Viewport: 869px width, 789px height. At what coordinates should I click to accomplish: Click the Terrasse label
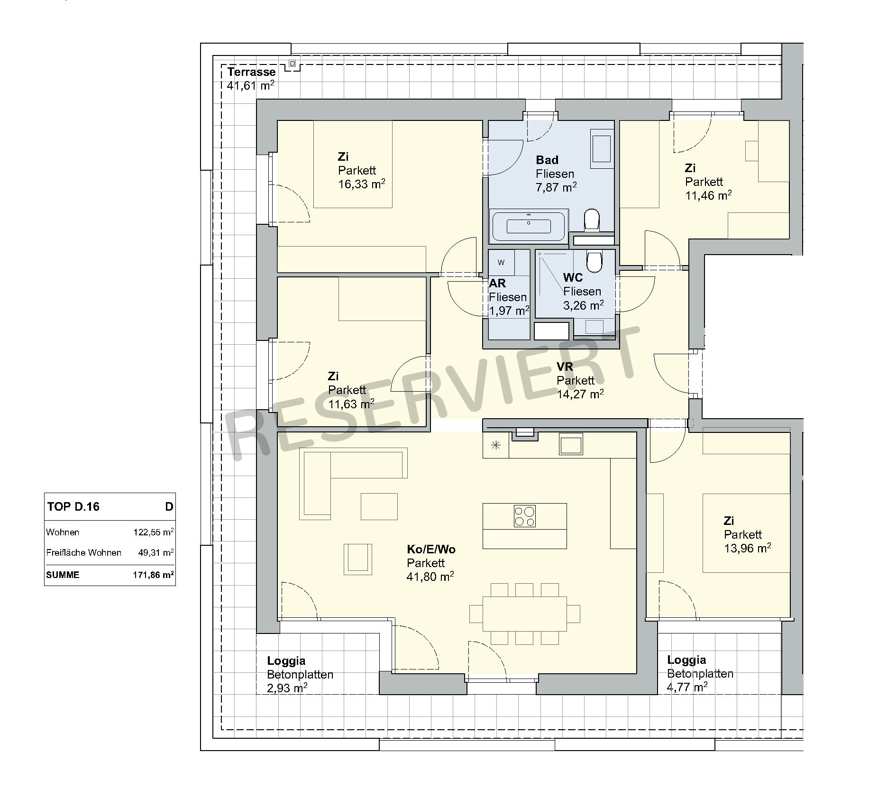(251, 72)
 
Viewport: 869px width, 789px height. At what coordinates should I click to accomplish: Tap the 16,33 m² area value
(361, 184)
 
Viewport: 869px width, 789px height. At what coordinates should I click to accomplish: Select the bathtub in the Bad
(529, 226)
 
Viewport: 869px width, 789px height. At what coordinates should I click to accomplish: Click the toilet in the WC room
(594, 260)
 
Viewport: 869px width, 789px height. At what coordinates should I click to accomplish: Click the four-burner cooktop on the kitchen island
(524, 516)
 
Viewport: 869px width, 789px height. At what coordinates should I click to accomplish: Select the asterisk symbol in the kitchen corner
(496, 445)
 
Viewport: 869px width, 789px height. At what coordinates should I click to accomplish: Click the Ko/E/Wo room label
(431, 549)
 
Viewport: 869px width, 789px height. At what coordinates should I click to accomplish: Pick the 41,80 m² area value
(430, 577)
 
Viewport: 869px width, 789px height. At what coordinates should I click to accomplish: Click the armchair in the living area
(358, 559)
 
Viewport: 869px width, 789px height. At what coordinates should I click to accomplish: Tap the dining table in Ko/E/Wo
(524, 614)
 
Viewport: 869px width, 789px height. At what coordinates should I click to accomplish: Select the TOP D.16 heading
(73, 506)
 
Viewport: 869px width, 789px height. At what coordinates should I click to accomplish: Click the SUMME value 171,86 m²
(153, 575)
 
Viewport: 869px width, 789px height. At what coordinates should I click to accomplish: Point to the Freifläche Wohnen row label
(84, 552)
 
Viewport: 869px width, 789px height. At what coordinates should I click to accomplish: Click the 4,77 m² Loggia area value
(687, 687)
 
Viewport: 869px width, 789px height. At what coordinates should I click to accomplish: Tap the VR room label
(565, 367)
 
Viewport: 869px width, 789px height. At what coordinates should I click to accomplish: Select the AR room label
(497, 283)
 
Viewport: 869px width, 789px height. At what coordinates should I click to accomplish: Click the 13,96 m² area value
(747, 548)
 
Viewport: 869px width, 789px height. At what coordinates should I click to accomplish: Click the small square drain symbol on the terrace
(293, 63)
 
